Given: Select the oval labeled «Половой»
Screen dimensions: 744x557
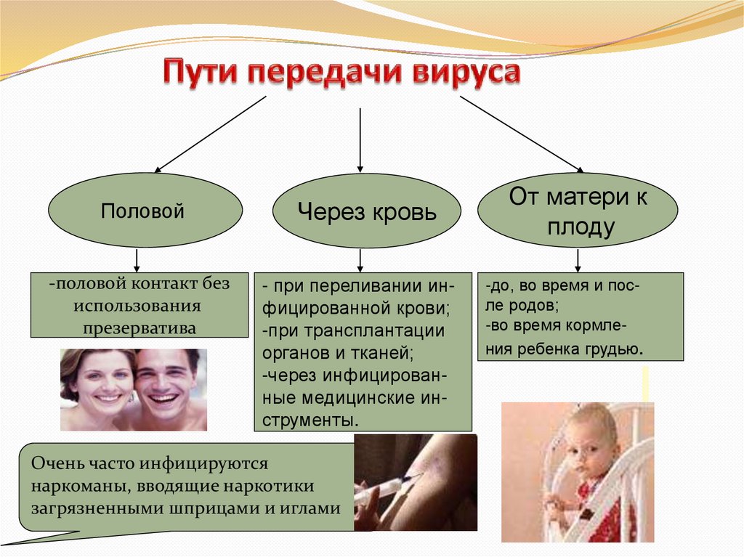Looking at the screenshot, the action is [x=145, y=211].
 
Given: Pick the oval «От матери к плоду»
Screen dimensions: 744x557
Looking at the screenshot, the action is [x=578, y=211].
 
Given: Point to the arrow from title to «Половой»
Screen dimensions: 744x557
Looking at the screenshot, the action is [x=211, y=134].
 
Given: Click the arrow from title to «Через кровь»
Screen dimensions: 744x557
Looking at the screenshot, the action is [x=360, y=138].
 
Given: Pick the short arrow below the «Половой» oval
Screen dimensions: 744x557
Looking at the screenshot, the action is [x=137, y=259].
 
